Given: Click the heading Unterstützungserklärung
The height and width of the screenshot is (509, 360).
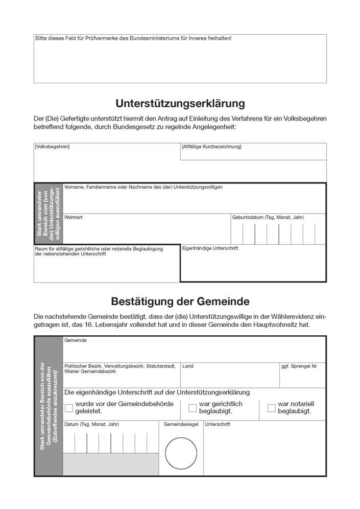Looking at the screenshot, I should click(x=180, y=104).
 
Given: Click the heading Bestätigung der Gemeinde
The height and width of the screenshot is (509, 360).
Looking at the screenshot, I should click(x=180, y=301).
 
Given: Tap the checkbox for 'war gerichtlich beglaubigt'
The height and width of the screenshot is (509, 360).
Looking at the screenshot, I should click(x=193, y=408).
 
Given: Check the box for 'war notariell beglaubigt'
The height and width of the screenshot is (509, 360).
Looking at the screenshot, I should click(x=272, y=408).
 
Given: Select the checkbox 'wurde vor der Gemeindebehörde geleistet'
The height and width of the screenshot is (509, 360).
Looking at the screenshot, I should click(x=69, y=408).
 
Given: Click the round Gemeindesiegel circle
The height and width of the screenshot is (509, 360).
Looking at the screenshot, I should click(x=181, y=453).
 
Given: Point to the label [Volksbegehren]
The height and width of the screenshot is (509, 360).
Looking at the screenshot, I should click(x=52, y=147).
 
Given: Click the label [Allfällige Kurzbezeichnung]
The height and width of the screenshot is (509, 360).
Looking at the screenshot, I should click(x=211, y=147).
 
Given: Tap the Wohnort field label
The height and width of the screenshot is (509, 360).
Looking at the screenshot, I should click(x=73, y=217).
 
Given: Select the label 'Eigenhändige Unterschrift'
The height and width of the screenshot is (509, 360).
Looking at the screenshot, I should click(x=210, y=248).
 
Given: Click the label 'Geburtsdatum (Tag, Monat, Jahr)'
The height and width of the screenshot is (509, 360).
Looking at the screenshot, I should click(x=268, y=217).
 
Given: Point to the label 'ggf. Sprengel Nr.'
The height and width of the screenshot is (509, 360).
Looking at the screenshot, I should click(x=299, y=366).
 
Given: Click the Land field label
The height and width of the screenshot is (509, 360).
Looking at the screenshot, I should click(x=187, y=366).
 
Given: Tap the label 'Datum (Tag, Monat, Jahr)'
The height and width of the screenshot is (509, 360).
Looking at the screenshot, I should click(x=91, y=424).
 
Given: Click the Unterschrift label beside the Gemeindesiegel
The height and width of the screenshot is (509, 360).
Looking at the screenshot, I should click(x=218, y=424).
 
